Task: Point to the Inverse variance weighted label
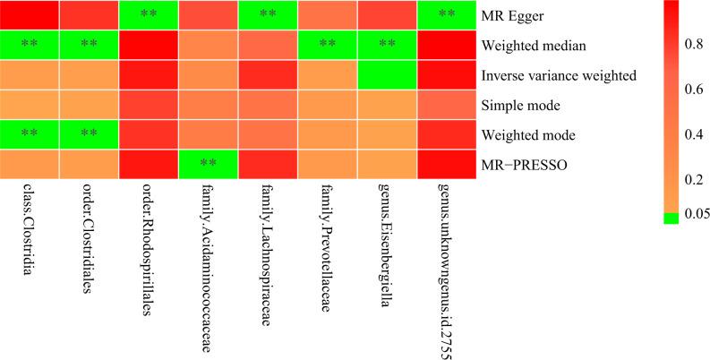560,75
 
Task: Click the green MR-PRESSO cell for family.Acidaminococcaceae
209,165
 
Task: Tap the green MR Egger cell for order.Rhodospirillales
150,15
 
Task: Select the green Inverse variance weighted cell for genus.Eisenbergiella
388,75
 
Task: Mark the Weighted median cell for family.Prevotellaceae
328,45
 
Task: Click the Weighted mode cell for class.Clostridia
30,135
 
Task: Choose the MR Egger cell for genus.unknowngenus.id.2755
447,15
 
